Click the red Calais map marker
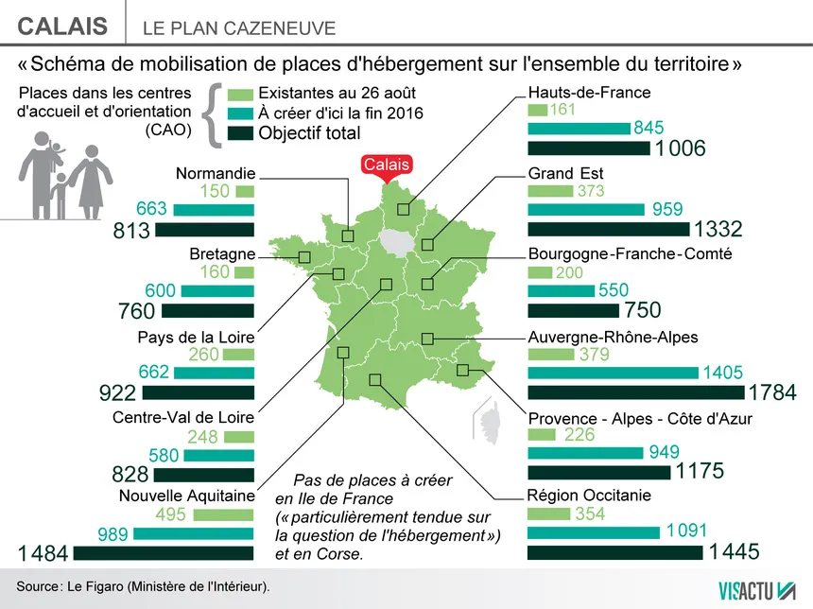click(387, 165)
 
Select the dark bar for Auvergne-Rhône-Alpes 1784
click(635, 391)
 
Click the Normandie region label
click(216, 173)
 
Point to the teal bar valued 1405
click(613, 373)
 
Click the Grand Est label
click(565, 173)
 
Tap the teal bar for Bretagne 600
click(218, 291)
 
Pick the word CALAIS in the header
click(62, 26)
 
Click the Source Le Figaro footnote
click(143, 587)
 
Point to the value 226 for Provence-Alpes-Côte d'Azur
click(579, 435)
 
